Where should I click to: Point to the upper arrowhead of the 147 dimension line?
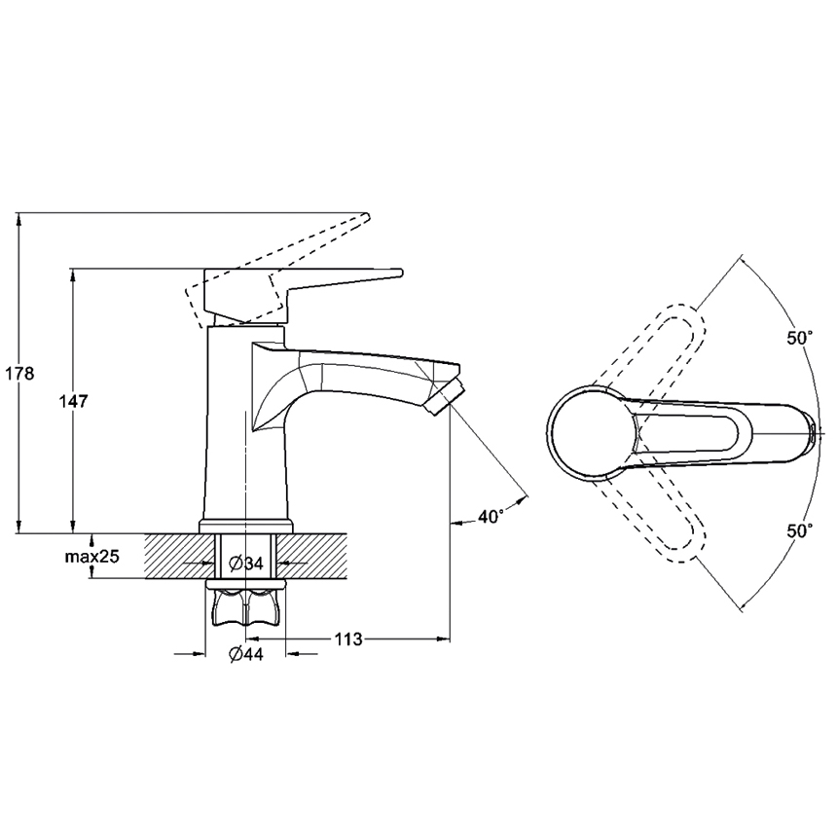73,273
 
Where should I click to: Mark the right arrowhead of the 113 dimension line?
445,638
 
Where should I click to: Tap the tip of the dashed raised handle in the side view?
368,215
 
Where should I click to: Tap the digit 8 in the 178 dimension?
28,374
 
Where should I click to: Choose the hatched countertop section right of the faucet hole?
311,556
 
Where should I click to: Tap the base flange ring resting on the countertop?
246,526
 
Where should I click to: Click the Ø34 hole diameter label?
246,563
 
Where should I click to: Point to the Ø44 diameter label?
246,654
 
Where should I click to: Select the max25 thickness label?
91,557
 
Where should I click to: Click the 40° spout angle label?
491,517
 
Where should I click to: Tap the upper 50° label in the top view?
799,339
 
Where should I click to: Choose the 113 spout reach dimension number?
348,638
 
